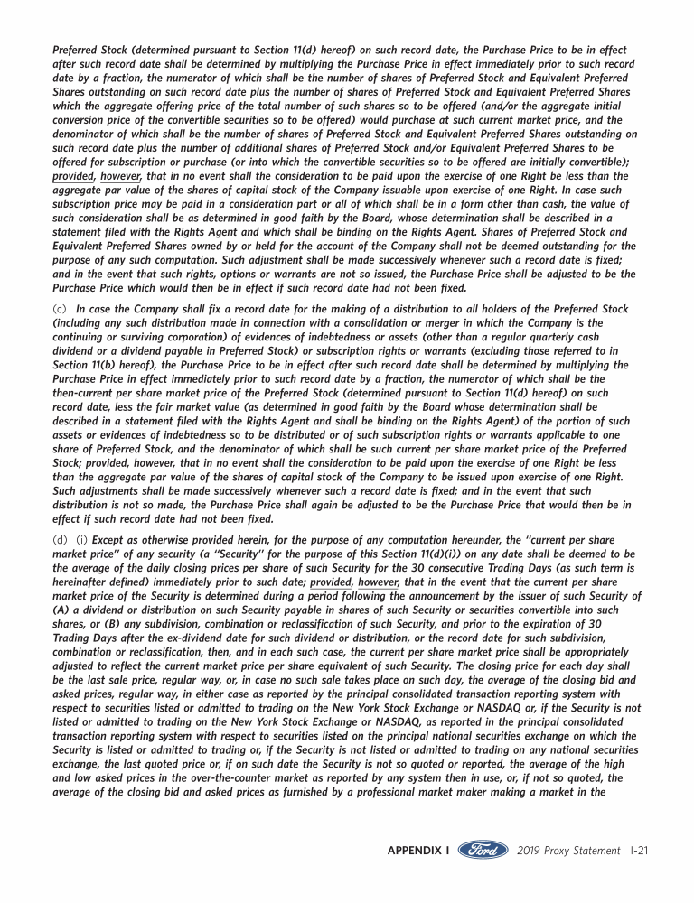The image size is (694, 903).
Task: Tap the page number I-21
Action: (638, 851)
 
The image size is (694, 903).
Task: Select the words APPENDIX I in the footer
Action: (418, 851)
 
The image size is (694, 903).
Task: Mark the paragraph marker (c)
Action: (60, 309)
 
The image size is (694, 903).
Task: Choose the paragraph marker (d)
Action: (60, 539)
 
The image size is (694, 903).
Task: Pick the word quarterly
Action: (518, 338)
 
